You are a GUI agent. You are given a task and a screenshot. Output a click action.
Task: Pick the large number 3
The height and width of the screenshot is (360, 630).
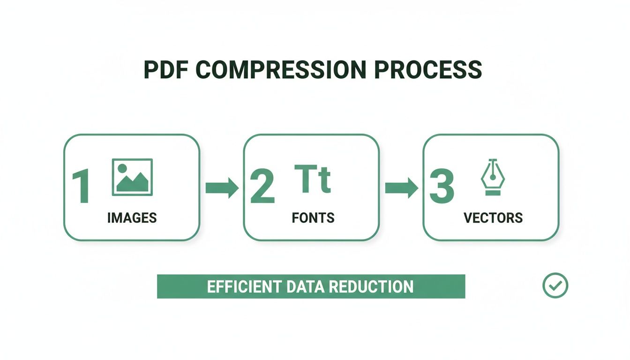click(442, 187)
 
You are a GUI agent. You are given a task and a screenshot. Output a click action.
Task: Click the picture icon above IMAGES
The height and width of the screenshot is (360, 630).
click(132, 177)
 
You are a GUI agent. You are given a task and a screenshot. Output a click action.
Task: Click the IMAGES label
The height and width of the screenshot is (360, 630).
click(132, 217)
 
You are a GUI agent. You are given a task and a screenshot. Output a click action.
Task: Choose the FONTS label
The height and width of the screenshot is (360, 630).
click(313, 217)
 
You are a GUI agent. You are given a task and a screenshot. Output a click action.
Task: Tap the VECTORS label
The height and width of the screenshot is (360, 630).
click(493, 217)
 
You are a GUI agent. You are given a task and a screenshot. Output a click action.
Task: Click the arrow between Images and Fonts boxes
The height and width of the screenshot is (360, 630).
click(222, 188)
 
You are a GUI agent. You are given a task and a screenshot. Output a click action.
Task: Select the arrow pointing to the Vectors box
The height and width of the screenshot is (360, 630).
click(401, 188)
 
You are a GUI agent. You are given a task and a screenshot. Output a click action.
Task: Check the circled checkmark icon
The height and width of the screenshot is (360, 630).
click(555, 285)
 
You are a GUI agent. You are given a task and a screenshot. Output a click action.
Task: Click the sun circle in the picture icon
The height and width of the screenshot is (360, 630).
click(122, 168)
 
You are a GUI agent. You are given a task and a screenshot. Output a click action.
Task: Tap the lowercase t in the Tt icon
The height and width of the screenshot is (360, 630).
click(324, 181)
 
